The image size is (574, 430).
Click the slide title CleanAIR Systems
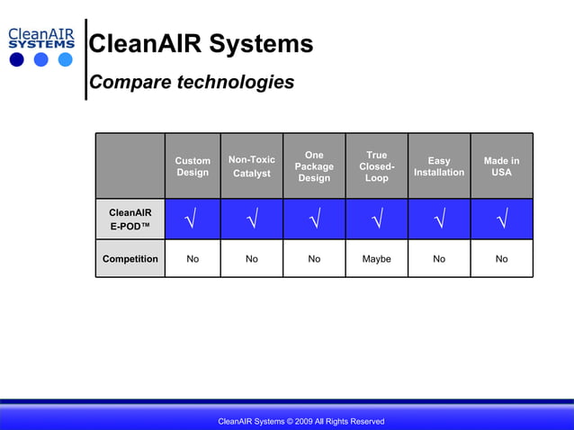click(202, 44)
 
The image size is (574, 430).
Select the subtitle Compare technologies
click(192, 83)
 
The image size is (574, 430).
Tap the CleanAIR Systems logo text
click(40, 38)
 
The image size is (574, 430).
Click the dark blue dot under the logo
click(17, 60)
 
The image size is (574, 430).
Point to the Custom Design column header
click(193, 166)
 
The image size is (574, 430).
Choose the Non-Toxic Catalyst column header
click(252, 166)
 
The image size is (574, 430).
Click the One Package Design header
click(314, 166)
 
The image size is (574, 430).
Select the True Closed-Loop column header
click(377, 166)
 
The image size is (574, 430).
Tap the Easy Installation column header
click(439, 166)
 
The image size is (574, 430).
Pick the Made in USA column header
click(501, 166)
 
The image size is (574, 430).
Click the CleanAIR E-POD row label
click(130, 219)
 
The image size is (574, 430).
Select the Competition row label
click(130, 259)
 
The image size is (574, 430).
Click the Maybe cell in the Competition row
click(377, 259)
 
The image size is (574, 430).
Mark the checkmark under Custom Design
click(193, 219)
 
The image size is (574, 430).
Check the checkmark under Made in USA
click(501, 219)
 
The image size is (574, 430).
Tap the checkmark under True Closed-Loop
click(377, 219)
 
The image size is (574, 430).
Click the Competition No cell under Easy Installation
click(439, 259)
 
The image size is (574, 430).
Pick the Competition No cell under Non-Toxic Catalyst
click(252, 259)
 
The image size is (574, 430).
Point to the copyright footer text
click(301, 421)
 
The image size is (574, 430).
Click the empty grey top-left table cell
click(130, 166)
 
